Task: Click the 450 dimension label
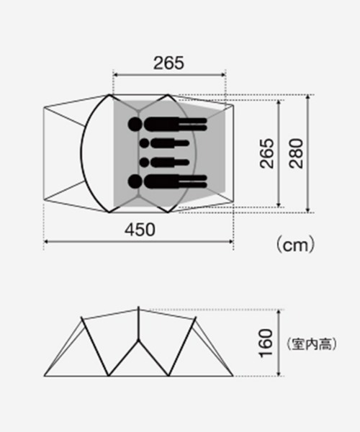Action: (x=140, y=230)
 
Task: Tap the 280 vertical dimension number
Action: (x=296, y=153)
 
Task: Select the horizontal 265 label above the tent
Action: (x=168, y=63)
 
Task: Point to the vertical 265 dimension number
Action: (x=267, y=153)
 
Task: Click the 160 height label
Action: (x=266, y=343)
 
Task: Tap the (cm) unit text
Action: (x=295, y=244)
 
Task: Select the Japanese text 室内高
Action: (x=311, y=344)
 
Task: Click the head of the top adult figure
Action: (x=135, y=125)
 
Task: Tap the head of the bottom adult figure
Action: (x=135, y=181)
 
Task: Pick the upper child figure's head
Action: (x=144, y=143)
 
